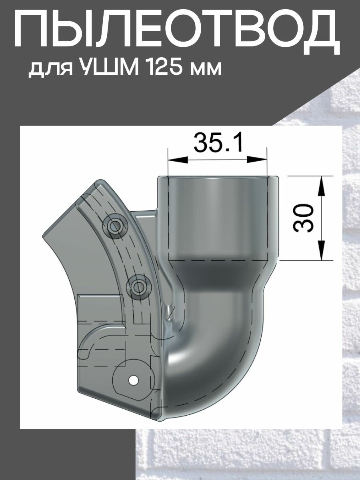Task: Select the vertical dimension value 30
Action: [x=303, y=218]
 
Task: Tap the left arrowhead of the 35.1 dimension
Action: [x=178, y=160]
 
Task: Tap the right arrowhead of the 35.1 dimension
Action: [x=257, y=160]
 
